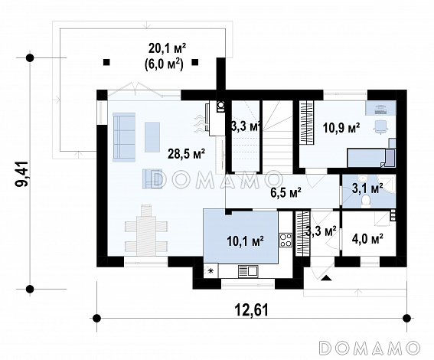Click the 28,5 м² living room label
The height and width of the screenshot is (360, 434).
186,154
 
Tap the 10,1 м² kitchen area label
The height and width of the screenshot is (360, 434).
245,241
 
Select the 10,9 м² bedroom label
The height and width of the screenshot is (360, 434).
341,128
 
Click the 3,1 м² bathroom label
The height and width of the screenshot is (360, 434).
367,188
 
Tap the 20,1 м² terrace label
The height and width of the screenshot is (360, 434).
167,48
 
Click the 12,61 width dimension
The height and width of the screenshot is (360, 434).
252,310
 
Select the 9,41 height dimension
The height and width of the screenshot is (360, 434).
22,174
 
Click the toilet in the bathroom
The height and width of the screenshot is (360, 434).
366,201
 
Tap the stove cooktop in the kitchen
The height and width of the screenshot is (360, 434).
286,240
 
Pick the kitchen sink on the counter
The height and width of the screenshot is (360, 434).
248,271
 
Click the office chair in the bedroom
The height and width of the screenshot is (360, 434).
381,127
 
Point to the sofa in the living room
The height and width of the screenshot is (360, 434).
124,137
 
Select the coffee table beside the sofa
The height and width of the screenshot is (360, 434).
152,137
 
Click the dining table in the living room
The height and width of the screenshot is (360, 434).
146,230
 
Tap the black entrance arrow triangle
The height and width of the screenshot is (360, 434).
326,278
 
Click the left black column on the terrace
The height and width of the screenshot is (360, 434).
106,62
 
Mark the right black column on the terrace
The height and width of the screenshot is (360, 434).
195,62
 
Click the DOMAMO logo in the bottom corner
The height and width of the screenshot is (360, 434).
370,347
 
